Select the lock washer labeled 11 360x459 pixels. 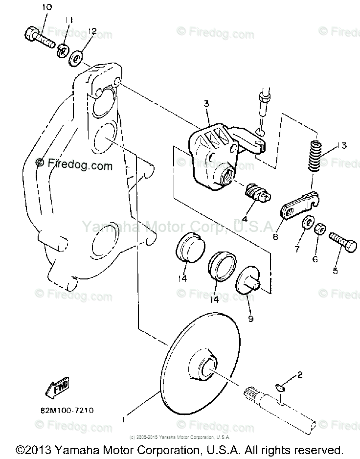[x=63, y=49]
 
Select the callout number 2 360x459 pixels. [x=299, y=375]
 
